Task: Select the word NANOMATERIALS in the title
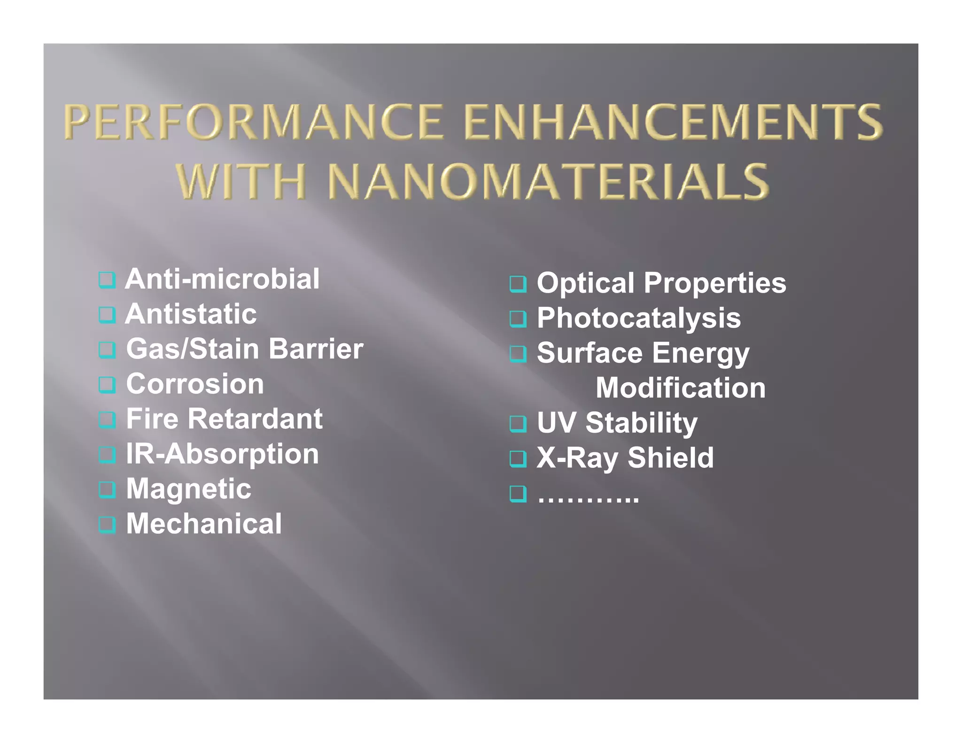[548, 181]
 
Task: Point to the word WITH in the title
[242, 181]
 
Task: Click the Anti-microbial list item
[222, 279]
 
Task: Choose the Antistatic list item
[191, 314]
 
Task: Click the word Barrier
[316, 349]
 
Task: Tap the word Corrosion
[195, 384]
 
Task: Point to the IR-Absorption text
[222, 454]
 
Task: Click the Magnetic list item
[188, 488]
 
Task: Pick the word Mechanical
[204, 524]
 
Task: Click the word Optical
[585, 283]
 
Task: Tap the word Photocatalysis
[639, 318]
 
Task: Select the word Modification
[681, 388]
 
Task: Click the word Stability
[641, 423]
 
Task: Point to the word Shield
[670, 457]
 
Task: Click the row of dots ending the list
[588, 497]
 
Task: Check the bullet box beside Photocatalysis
[518, 319]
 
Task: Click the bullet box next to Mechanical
[107, 525]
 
